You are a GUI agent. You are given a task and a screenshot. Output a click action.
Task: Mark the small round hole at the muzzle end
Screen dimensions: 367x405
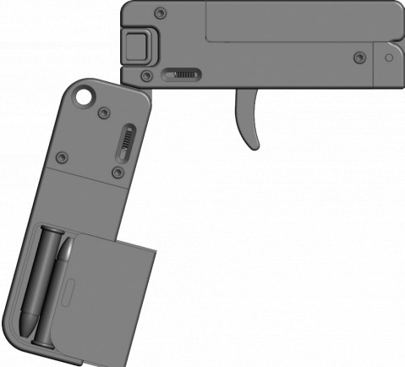coord(388,59)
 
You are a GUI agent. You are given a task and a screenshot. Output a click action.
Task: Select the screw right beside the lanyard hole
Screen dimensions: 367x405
coord(103,112)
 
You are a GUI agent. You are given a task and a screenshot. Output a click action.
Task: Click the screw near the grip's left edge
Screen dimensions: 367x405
coord(60,157)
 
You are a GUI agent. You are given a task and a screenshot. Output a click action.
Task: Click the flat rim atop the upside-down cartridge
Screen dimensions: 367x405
coord(51,231)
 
